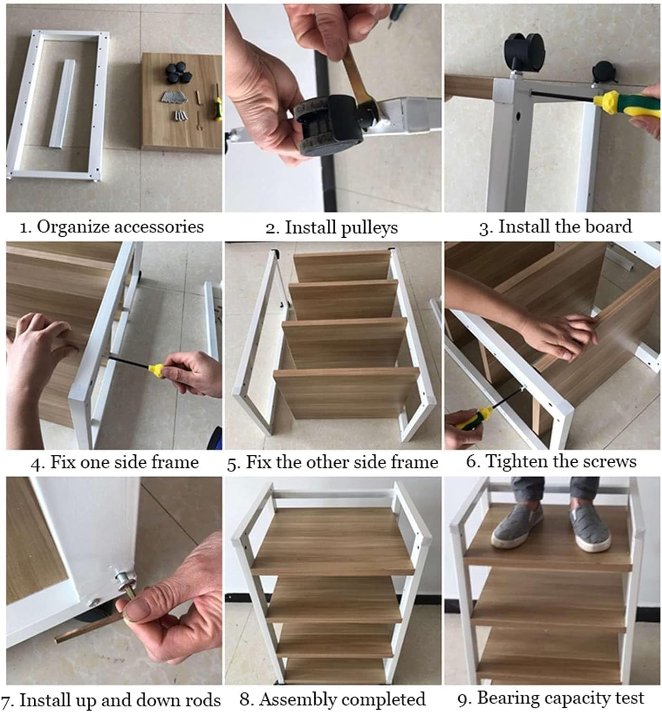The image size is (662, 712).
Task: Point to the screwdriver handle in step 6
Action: [x=473, y=418]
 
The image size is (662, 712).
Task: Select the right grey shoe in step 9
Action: [x=588, y=529]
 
